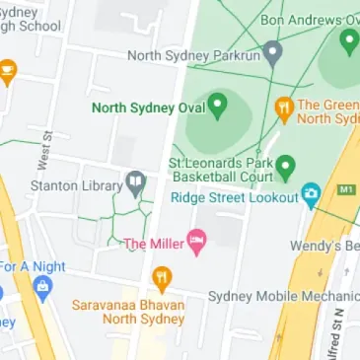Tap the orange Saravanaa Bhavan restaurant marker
[162, 277]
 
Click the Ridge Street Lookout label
[234, 197]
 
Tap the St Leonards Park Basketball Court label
[220, 170]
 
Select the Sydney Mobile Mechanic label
[283, 296]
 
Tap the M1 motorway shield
[344, 187]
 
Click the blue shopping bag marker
[41, 288]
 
